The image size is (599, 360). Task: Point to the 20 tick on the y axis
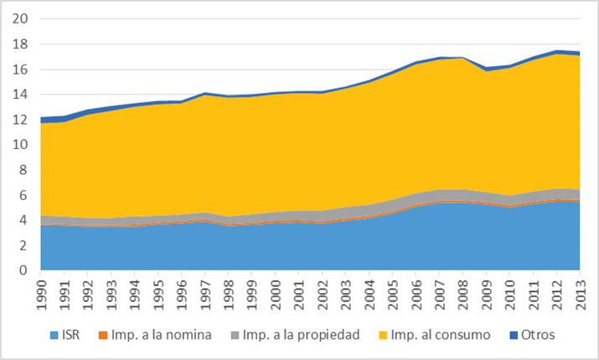tap(23, 18)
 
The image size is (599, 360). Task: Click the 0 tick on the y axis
tap(26, 270)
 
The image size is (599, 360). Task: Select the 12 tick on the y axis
tap(23, 119)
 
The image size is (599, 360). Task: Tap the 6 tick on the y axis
tap(26, 195)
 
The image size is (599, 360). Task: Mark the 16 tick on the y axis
tap(23, 69)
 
